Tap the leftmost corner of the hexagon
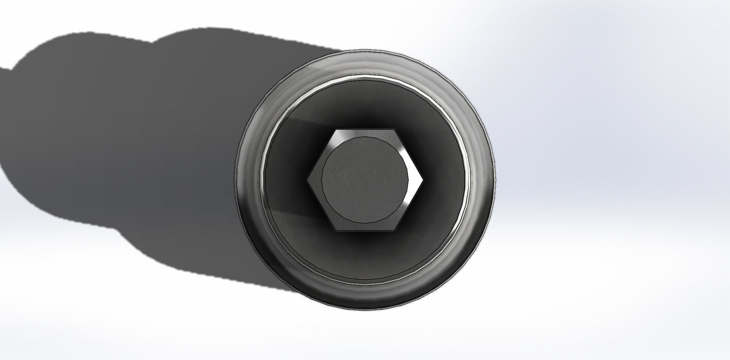(x=307, y=180)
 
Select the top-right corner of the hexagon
(x=394, y=130)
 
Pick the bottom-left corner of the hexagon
(x=336, y=231)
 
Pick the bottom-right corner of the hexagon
(x=394, y=231)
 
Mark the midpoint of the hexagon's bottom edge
(x=365, y=231)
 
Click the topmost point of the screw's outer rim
(x=365, y=49)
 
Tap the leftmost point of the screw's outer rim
(x=235, y=180)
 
